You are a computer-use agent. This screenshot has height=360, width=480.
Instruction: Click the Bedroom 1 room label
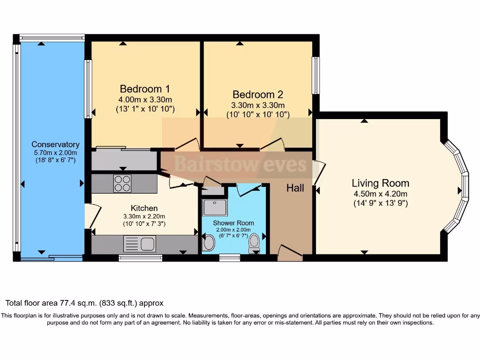point(145,89)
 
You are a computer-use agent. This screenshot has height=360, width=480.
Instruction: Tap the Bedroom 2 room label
point(257,94)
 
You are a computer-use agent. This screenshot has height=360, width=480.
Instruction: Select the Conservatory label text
point(55,144)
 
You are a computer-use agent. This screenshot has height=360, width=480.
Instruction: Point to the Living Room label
point(380,183)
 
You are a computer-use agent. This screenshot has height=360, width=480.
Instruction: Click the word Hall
point(295,188)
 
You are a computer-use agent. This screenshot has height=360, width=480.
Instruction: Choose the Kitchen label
point(144,208)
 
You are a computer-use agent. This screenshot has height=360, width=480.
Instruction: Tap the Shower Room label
point(233,223)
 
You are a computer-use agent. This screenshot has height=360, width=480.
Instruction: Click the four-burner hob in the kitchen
point(123,183)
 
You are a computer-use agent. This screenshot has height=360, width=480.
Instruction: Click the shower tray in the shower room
point(214,207)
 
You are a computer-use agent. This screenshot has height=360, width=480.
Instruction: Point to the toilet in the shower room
point(255,242)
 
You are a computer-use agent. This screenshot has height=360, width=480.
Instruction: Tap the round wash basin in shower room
point(209,243)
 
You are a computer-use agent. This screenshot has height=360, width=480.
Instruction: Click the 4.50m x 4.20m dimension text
point(380,194)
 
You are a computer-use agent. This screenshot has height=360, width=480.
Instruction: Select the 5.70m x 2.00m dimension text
point(55,153)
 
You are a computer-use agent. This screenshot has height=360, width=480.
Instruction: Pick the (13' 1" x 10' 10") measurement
point(145,109)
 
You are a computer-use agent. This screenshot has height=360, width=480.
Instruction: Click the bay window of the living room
point(457,186)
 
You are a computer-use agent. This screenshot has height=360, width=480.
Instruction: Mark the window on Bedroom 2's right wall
point(316,75)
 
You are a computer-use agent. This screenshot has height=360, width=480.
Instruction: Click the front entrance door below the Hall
point(290,254)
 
